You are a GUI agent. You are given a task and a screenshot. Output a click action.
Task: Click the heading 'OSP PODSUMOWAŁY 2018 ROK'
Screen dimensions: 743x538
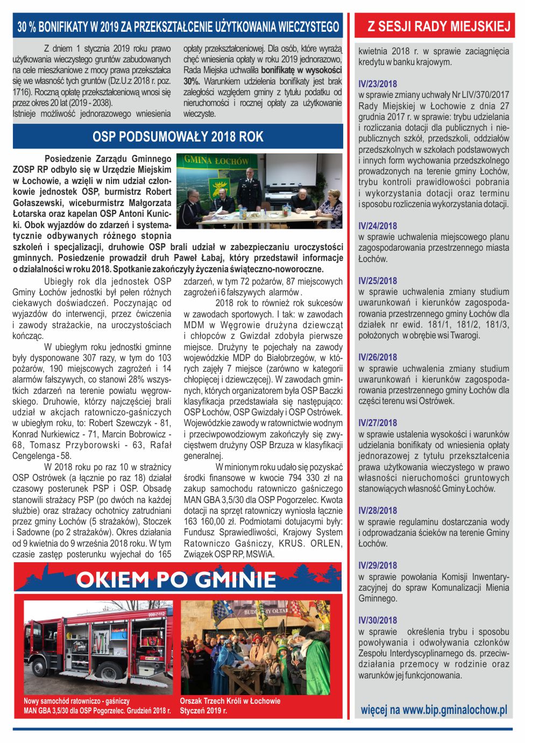tap(178, 137)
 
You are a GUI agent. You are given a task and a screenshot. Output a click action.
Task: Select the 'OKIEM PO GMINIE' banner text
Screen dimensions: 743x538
tap(176, 579)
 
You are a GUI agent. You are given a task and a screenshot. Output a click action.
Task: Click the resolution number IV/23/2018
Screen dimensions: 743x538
tap(378, 84)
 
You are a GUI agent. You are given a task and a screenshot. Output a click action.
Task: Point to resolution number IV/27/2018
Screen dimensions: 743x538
tap(378, 423)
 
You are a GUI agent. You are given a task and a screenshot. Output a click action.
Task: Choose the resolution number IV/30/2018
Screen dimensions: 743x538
tap(378, 620)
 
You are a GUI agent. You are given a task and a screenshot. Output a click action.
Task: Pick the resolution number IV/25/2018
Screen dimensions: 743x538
tap(378, 281)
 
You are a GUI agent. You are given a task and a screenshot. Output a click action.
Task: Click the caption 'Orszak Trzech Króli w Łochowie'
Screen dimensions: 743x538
tap(230, 701)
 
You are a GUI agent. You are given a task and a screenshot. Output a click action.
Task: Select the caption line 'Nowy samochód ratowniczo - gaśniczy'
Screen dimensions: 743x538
tap(76, 701)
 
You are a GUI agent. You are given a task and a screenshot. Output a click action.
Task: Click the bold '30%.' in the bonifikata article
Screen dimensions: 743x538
tap(192, 81)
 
